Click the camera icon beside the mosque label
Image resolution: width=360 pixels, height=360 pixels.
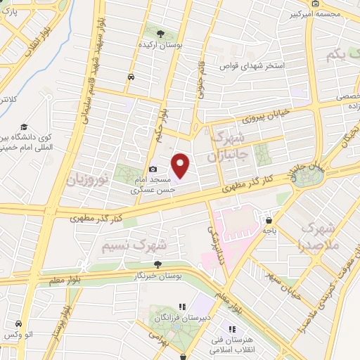pos(153,169)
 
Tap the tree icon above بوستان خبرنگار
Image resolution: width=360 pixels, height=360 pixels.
pos(158,264)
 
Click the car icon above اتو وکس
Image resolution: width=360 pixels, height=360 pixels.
pos(18,323)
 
